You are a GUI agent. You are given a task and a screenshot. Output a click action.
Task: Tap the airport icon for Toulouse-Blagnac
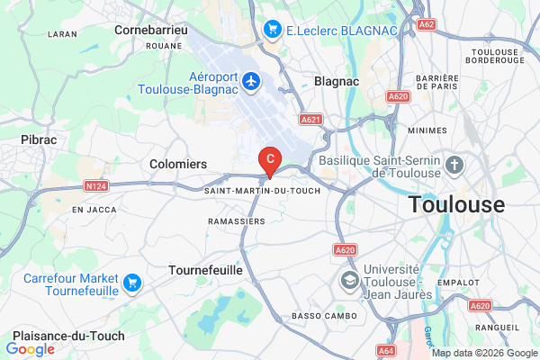click(250, 82)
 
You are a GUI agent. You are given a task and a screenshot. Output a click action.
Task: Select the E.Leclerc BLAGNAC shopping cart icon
click(272, 31)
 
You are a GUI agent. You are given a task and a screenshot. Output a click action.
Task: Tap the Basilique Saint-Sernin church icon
click(454, 165)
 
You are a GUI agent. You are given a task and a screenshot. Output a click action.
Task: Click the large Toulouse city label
click(456, 204)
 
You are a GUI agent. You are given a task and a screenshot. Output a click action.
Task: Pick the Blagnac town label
click(337, 81)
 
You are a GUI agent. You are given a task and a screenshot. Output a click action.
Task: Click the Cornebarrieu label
click(149, 30)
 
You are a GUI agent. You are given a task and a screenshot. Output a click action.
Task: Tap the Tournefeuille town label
click(206, 270)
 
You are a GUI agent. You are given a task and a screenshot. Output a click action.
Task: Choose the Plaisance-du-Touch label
click(57, 336)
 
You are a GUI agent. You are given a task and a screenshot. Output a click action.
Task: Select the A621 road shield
click(311, 118)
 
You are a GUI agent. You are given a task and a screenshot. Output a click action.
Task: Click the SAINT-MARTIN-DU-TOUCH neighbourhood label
click(263, 191)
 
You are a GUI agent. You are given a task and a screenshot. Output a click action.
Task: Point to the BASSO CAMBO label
click(324, 317)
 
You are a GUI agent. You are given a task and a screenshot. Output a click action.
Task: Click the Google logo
click(30, 349)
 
